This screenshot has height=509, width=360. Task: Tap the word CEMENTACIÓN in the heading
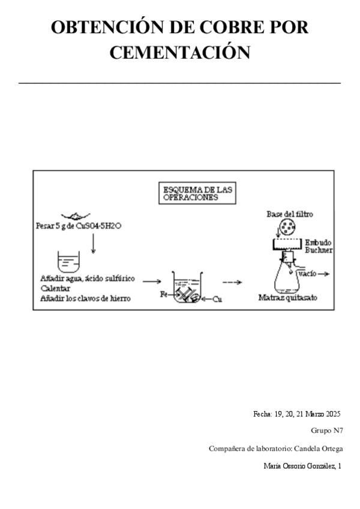(180, 52)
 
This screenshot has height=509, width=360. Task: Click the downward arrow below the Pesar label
(93, 243)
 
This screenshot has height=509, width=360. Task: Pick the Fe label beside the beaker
(164, 295)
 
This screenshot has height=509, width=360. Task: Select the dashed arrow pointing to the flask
(232, 282)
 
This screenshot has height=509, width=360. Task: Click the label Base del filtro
(290, 214)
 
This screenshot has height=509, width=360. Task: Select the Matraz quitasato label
(287, 297)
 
